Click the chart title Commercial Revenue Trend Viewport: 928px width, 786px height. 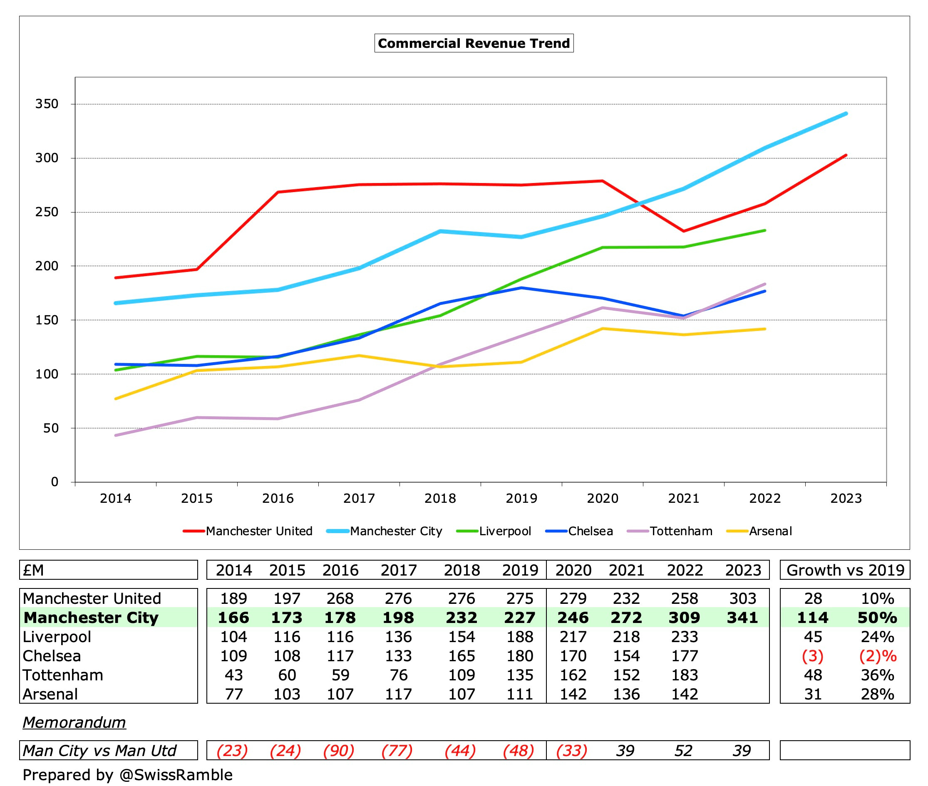tap(474, 43)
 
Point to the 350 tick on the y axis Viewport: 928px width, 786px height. tap(47, 104)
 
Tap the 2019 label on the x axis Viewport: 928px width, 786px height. tap(521, 498)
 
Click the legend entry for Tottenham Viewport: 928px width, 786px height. tap(680, 531)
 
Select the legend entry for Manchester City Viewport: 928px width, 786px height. tap(396, 531)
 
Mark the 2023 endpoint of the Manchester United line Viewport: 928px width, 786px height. tap(846, 156)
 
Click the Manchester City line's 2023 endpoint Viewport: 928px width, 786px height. tap(846, 114)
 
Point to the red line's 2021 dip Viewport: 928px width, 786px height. tap(684, 231)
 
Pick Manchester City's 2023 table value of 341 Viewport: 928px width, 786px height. tap(742, 618)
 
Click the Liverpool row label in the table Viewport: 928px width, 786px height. tap(57, 637)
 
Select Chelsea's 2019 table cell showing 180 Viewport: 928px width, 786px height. tap(519, 656)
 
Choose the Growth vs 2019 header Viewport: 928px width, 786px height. tap(845, 570)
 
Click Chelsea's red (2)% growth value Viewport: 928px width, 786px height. tap(877, 656)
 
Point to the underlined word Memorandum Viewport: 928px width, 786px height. tap(74, 722)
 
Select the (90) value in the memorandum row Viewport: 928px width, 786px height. tap(339, 751)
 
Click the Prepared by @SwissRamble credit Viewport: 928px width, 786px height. tap(127, 775)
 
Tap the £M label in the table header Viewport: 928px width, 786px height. tap(33, 570)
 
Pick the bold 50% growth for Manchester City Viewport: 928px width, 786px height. tap(877, 618)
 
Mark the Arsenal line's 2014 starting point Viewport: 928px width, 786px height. tap(116, 398)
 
